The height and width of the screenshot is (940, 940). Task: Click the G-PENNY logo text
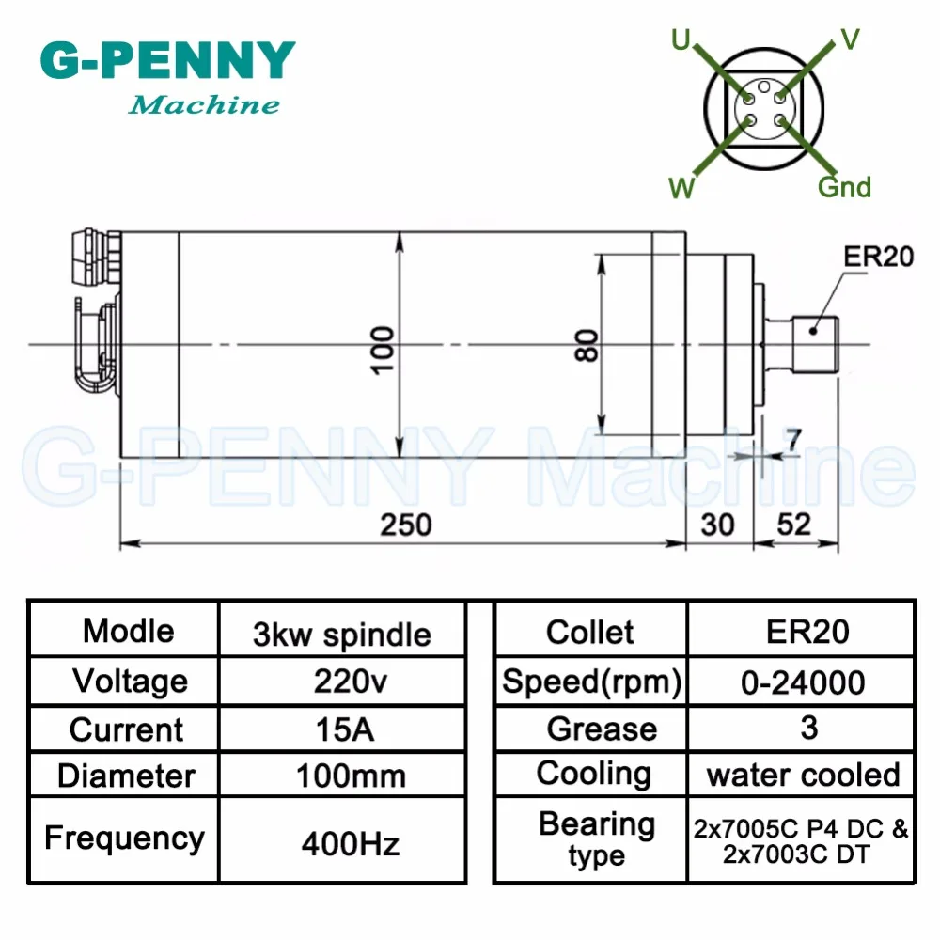pyautogui.click(x=168, y=60)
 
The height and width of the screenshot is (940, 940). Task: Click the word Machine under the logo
pyautogui.click(x=204, y=105)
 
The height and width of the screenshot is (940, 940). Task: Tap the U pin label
pyautogui.click(x=681, y=40)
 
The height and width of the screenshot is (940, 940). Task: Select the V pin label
pyautogui.click(x=850, y=39)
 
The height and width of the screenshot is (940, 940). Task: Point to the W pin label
pyautogui.click(x=681, y=188)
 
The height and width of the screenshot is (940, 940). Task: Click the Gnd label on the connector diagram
pyautogui.click(x=844, y=187)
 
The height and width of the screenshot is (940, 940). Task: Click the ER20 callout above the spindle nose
pyautogui.click(x=878, y=257)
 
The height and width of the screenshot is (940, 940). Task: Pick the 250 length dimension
pyautogui.click(x=406, y=525)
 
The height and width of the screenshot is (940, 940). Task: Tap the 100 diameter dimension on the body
pyautogui.click(x=383, y=351)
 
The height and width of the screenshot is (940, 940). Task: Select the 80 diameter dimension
pyautogui.click(x=587, y=345)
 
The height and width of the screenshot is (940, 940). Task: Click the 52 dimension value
pyautogui.click(x=793, y=525)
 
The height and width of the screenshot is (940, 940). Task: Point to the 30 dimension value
pyautogui.click(x=717, y=525)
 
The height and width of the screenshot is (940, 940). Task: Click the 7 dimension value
pyautogui.click(x=793, y=439)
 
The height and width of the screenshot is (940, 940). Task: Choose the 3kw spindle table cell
pyautogui.click(x=342, y=634)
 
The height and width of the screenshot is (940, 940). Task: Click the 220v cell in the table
pyautogui.click(x=351, y=681)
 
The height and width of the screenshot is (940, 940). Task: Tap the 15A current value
pyautogui.click(x=345, y=729)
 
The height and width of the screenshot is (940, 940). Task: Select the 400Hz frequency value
pyautogui.click(x=351, y=844)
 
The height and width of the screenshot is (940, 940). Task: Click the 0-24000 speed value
pyautogui.click(x=803, y=682)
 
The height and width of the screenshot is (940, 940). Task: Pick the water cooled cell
pyautogui.click(x=804, y=775)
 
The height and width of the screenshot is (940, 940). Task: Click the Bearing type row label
pyautogui.click(x=597, y=839)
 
